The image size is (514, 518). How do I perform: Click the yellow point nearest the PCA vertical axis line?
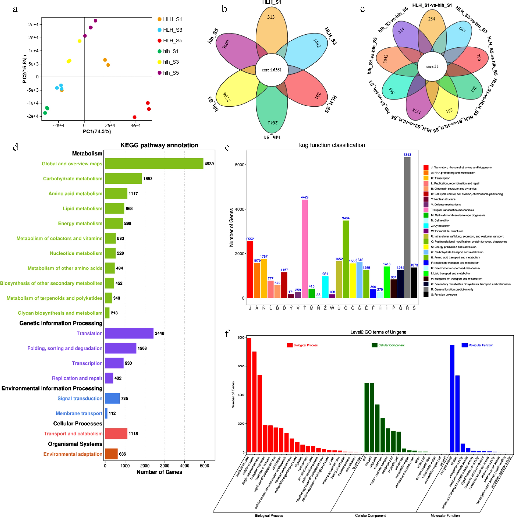[x=79, y=41]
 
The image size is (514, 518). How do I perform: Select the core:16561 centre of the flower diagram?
[x=272, y=70]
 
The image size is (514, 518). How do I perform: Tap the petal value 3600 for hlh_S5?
[x=226, y=44]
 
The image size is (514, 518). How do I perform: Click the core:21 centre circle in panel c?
[x=432, y=66]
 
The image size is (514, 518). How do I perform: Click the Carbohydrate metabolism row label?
[x=73, y=179]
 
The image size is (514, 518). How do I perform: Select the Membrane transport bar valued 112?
[x=106, y=413]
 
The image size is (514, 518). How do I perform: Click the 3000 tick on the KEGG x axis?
[x=165, y=466]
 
